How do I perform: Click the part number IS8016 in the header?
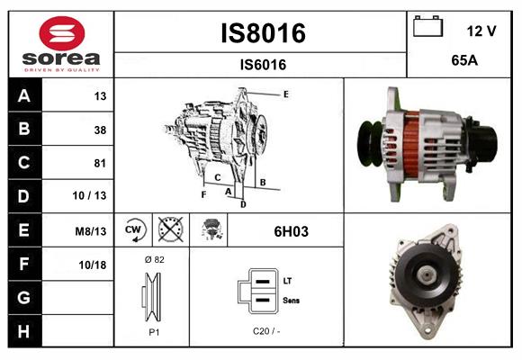click(x=263, y=33)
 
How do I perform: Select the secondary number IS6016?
click(x=263, y=65)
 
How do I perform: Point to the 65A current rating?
click(x=463, y=61)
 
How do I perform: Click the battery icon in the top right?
click(x=427, y=28)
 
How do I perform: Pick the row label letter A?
click(x=24, y=95)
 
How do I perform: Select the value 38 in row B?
click(x=99, y=130)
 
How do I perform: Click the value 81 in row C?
click(x=99, y=163)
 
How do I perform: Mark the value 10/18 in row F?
click(x=94, y=265)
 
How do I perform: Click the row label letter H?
click(x=24, y=332)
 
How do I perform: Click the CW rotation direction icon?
click(x=133, y=230)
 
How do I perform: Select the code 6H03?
click(x=291, y=231)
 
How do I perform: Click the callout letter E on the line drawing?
click(x=285, y=94)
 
